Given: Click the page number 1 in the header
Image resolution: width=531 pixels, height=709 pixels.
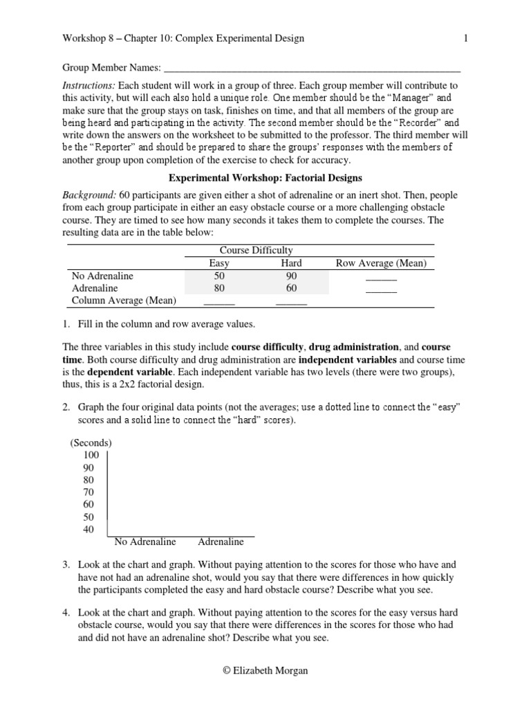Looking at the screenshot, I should (466, 39).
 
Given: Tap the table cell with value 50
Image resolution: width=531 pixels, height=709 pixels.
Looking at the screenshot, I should (219, 276).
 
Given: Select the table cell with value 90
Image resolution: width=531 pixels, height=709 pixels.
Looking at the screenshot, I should (291, 276).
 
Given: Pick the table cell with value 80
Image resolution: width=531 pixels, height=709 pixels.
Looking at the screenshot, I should (219, 288).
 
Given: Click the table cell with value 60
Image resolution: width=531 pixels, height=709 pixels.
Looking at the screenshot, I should (291, 288).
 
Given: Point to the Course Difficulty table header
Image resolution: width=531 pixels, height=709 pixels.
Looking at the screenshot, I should (256, 251).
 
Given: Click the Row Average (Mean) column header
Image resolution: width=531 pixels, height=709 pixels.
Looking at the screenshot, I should (381, 263).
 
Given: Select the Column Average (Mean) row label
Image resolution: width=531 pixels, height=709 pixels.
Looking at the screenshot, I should (124, 300).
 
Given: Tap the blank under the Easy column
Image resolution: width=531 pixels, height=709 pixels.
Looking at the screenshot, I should (219, 302).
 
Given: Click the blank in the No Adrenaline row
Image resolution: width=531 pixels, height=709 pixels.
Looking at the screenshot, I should (381, 277).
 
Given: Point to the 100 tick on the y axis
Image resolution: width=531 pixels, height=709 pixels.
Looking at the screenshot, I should (91, 455).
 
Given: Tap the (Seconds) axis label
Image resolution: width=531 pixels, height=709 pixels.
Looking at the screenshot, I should (91, 442).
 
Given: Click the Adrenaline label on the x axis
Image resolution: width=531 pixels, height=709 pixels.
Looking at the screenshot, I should (221, 541).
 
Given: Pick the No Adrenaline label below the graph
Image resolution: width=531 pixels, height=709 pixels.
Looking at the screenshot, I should (145, 541).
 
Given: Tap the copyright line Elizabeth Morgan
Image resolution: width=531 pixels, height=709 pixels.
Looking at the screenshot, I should (265, 671).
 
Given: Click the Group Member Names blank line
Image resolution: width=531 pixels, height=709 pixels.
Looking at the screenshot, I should (311, 68).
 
